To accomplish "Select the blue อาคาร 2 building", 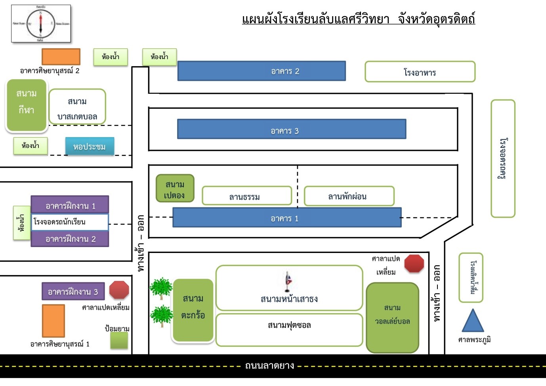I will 262,71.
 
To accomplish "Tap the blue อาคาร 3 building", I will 292,129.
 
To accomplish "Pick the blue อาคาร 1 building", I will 287,217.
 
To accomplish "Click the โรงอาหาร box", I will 420,72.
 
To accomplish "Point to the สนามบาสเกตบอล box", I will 77,107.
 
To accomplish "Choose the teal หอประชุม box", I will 90,146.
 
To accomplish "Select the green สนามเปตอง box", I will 175,189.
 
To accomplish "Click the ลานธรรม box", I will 246,196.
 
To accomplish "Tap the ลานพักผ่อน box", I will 349,196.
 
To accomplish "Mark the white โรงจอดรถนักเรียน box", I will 69,222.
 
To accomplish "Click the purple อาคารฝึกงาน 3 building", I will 73,292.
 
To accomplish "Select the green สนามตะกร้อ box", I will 193,310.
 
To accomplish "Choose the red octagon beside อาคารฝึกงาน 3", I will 119,290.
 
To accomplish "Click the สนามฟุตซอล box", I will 289,329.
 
